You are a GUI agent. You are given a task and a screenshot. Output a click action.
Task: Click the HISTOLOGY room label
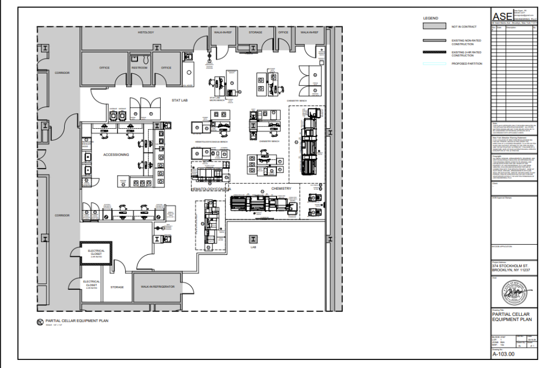146,32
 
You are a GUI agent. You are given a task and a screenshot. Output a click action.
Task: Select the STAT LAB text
179,100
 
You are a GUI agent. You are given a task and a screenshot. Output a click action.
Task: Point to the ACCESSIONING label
116,155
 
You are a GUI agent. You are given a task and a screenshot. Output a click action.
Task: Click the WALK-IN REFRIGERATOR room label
158,287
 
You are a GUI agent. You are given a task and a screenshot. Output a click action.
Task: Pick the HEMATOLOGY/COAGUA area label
211,189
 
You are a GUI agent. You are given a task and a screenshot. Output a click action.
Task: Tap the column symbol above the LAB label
253,239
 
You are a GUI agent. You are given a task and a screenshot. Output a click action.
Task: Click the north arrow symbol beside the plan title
39,322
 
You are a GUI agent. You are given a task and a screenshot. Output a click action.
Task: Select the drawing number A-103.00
503,355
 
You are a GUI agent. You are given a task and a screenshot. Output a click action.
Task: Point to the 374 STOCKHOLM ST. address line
509,266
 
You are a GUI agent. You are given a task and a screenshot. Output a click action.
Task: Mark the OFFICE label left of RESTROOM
105,68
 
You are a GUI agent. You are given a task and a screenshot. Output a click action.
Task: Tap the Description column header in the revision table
510,28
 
